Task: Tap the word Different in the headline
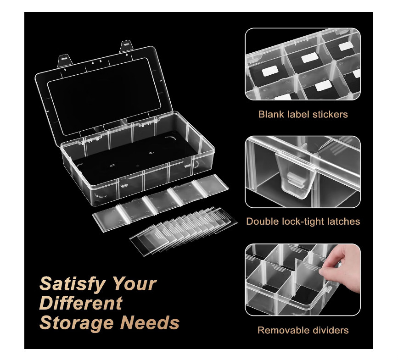(81, 303)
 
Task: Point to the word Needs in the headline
(150, 322)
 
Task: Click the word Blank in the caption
(271, 114)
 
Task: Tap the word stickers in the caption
(330, 115)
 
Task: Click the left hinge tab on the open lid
(65, 61)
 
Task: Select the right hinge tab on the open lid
(126, 46)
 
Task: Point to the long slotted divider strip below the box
(160, 203)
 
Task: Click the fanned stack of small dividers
(183, 230)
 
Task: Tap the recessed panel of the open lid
(104, 96)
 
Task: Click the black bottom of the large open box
(135, 157)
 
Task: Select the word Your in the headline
(135, 284)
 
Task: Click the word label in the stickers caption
(298, 114)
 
